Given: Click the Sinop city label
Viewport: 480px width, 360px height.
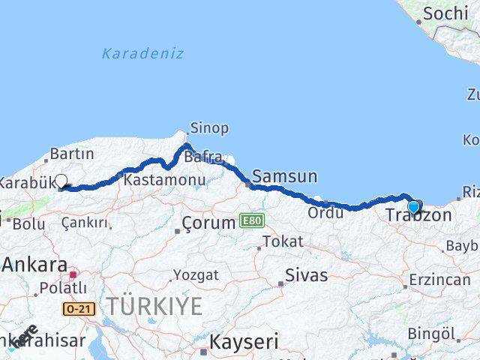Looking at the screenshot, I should pyautogui.click(x=210, y=127).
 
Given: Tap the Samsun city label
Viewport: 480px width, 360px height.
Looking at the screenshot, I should pyautogui.click(x=285, y=177).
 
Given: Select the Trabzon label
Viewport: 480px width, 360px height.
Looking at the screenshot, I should pyautogui.click(x=419, y=216).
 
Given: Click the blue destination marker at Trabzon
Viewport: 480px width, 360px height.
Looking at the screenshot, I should pyautogui.click(x=413, y=208).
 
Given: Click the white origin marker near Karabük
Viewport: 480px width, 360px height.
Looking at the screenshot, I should pyautogui.click(x=61, y=181).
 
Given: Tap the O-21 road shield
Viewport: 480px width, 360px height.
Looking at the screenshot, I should pyautogui.click(x=74, y=307).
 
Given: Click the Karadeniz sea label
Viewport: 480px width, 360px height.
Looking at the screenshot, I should pyautogui.click(x=142, y=53).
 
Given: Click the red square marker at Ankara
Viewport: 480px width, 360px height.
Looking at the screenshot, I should pyautogui.click(x=73, y=274).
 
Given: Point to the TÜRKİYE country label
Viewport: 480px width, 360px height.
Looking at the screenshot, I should pyautogui.click(x=153, y=306).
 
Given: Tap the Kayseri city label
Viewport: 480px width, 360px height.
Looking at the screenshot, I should pyautogui.click(x=243, y=343).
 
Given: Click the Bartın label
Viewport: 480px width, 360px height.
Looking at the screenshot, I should pyautogui.click(x=71, y=154).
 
